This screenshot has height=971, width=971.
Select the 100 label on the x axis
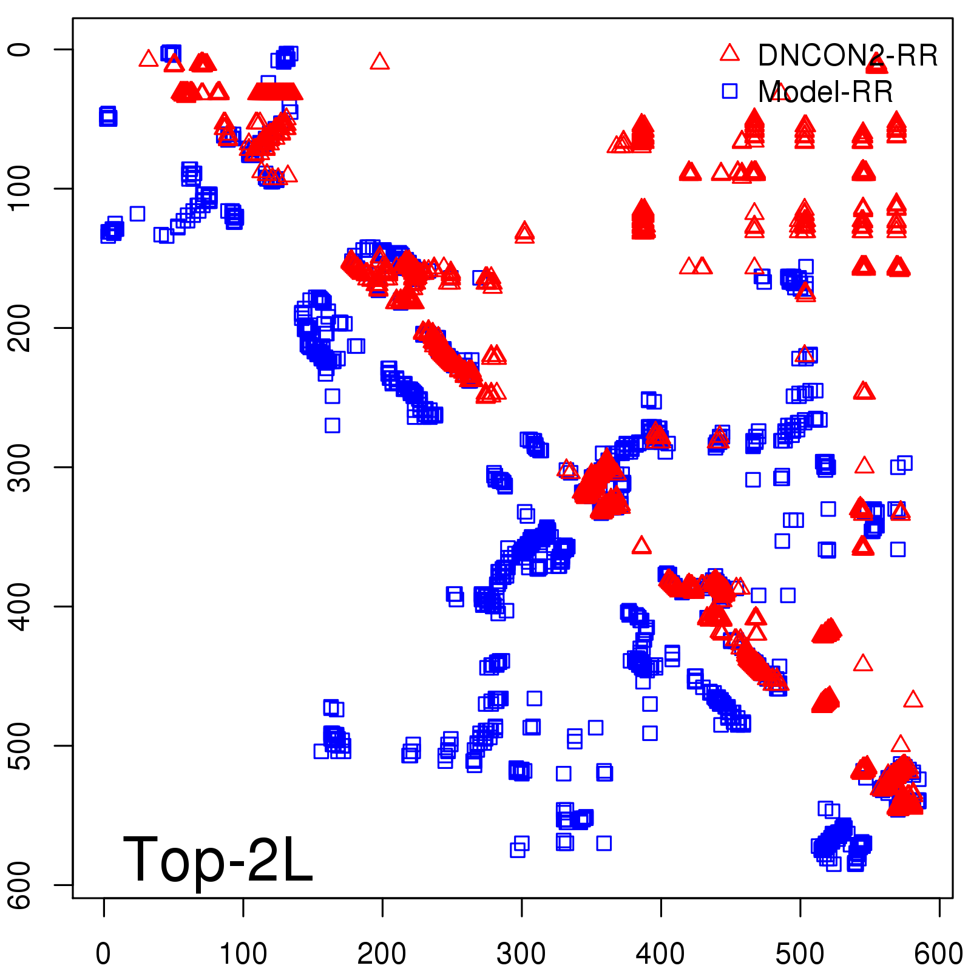click(x=243, y=953)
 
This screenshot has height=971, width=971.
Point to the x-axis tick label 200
click(x=382, y=953)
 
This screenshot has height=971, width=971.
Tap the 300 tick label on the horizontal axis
click(x=521, y=953)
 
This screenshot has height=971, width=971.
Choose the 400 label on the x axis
click(x=660, y=953)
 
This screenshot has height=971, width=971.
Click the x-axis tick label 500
click(x=800, y=953)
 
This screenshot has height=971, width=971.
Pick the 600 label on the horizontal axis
click(x=938, y=953)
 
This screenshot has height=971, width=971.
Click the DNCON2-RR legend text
click(x=848, y=56)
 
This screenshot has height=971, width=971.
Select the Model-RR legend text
click(x=825, y=92)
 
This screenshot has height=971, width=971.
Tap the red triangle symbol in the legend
click(x=729, y=53)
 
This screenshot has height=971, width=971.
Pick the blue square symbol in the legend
click(x=729, y=91)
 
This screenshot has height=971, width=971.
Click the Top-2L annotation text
click(x=217, y=859)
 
